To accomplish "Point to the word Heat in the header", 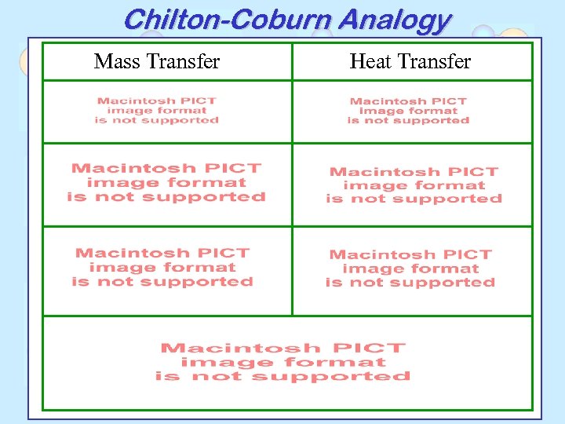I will coord(370,61).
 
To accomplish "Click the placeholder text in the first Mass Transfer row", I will coord(157,111).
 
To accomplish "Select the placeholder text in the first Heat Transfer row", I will coord(408,111).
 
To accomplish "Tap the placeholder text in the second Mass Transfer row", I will coord(166,183).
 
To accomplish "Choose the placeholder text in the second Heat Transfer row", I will coord(414,185).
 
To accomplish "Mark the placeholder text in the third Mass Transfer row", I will coord(162,268).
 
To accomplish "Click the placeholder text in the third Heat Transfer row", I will coord(410,269).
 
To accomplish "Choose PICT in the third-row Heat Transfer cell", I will coord(469,254).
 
